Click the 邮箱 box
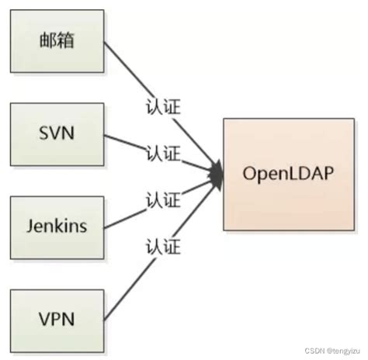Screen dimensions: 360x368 [57, 41]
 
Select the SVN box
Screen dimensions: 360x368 [57, 134]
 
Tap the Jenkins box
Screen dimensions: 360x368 [57, 228]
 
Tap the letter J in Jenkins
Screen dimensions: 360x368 [30, 228]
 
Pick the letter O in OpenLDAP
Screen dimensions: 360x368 [249, 175]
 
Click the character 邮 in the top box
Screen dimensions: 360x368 [47, 41]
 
